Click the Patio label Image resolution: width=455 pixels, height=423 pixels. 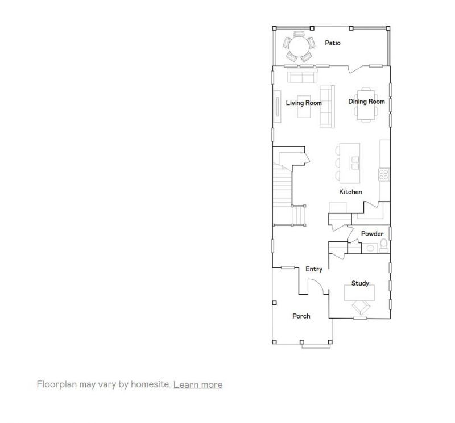[333, 43]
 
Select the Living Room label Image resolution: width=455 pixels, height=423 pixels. [304, 103]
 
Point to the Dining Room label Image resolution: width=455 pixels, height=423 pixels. [366, 102]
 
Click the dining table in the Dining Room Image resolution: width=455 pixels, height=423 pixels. [365, 104]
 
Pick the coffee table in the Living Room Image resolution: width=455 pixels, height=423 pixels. [305, 107]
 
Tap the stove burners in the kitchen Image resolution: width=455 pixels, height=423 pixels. [384, 174]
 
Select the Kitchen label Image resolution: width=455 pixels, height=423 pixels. [350, 192]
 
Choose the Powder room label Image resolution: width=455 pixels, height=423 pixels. [372, 234]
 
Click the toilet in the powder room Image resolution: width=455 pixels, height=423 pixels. [383, 246]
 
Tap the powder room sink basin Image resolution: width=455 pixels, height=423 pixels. [370, 248]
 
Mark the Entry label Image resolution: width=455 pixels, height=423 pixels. [314, 269]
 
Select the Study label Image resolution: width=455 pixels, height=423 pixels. [360, 283]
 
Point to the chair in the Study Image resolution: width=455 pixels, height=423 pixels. [361, 307]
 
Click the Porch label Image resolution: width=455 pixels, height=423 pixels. [301, 316]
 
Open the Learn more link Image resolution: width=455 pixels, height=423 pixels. [198, 384]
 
